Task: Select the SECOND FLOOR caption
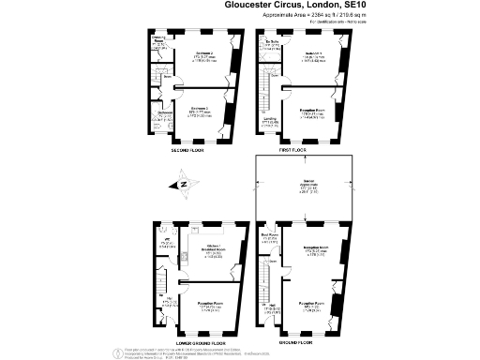coord(187,150)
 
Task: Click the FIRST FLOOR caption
coord(292,150)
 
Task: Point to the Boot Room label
coord(268,237)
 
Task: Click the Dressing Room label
coord(160,41)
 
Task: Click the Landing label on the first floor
coord(270,119)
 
